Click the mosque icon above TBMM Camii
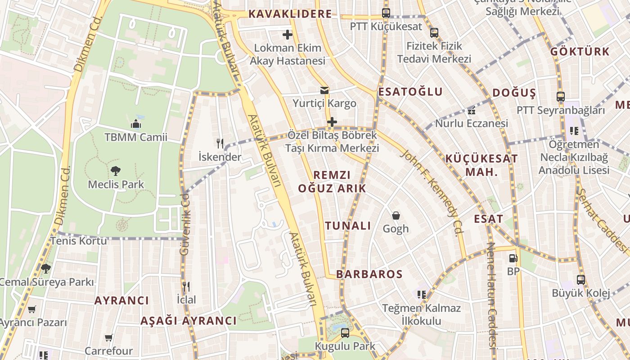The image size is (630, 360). pyautogui.click(x=136, y=124)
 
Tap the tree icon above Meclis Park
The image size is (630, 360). pyautogui.click(x=116, y=171)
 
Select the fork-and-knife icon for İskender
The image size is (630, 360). pyautogui.click(x=220, y=144)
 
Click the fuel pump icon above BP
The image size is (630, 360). pyautogui.click(x=513, y=258)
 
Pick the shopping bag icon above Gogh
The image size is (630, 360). pyautogui.click(x=396, y=216)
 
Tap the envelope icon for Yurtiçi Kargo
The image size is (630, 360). pyautogui.click(x=324, y=90)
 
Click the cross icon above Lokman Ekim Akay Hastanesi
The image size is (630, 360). pyautogui.click(x=287, y=34)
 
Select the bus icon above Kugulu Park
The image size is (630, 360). pyautogui.click(x=345, y=333)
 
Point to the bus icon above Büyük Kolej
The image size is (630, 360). pyautogui.click(x=581, y=279)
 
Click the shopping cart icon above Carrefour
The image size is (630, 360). pyautogui.click(x=108, y=337)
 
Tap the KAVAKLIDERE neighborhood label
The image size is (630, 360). pyautogui.click(x=290, y=14)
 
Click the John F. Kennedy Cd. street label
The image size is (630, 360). pyautogui.click(x=432, y=193)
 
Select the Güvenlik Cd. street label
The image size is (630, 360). pyautogui.click(x=184, y=225)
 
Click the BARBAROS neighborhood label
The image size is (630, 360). pyautogui.click(x=369, y=274)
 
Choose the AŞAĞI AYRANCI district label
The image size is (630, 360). pyautogui.click(x=188, y=321)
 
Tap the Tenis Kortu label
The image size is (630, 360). pyautogui.click(x=78, y=241)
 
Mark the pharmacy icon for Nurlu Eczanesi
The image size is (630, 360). pyautogui.click(x=471, y=111)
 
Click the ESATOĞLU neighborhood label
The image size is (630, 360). pyautogui.click(x=410, y=92)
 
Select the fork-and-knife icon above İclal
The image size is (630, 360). pyautogui.click(x=186, y=286)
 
